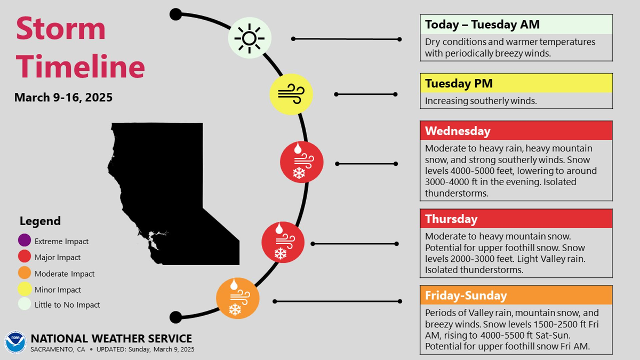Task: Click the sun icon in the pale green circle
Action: (250, 38)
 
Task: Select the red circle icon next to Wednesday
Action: (302, 162)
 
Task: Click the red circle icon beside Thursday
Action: (283, 243)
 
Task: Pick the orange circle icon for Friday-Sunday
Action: (237, 298)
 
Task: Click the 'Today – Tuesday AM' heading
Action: (482, 25)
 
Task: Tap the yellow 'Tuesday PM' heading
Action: (459, 83)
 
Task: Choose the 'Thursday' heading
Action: (451, 219)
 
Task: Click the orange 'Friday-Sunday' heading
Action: (466, 295)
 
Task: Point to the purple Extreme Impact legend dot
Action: (25, 241)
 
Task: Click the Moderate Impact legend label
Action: (65, 274)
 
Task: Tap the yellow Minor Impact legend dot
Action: (25, 290)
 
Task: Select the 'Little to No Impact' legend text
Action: (67, 305)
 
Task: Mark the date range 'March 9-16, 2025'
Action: (63, 98)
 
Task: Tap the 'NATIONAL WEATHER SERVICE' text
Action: (111, 339)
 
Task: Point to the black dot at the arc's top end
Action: (175, 14)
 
